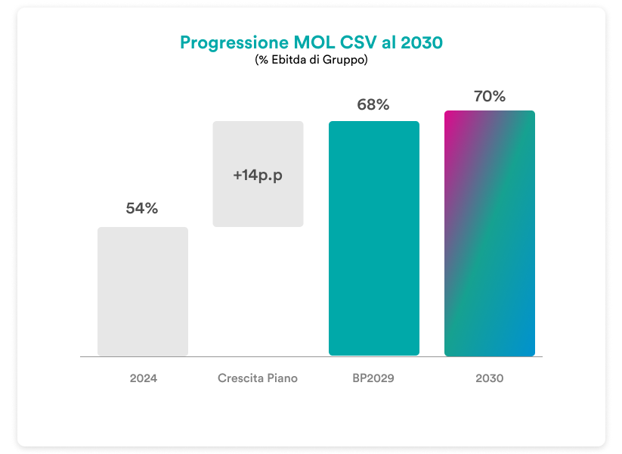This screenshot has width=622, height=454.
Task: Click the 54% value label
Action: click(x=142, y=209)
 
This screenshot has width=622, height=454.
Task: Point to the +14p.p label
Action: click(x=258, y=175)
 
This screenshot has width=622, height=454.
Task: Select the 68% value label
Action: click(x=373, y=105)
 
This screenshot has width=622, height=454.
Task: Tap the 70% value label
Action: click(x=489, y=96)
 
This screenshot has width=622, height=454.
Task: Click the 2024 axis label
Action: click(x=143, y=378)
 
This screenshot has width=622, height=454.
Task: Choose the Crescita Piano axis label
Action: click(x=258, y=378)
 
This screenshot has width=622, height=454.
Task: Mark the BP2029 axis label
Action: click(x=373, y=378)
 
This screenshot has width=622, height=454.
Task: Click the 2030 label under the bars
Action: click(x=489, y=378)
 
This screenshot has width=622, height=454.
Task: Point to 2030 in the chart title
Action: click(x=422, y=42)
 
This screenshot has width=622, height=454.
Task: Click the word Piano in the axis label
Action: click(x=282, y=378)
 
